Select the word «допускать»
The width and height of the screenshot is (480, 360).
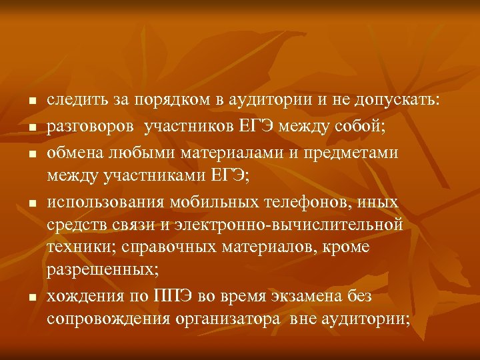398,100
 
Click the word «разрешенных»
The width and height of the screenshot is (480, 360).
100,270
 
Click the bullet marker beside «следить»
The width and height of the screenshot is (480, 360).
32,102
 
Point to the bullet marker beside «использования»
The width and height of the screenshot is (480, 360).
32,203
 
